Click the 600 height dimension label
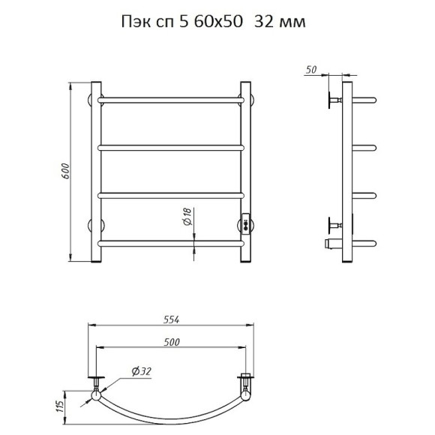pyautogui.click(x=65, y=171)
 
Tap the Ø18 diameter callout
pyautogui.click(x=187, y=217)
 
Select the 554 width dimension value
pyautogui.click(x=172, y=319)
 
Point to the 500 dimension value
pyautogui.click(x=172, y=342)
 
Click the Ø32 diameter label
pyautogui.click(x=142, y=371)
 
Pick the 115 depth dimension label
pyautogui.click(x=61, y=406)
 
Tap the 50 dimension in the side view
pyautogui.click(x=311, y=70)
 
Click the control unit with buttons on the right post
pyautogui.click(x=246, y=224)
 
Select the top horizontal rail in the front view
pyautogui.click(x=171, y=100)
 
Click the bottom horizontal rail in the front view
pyautogui.click(x=171, y=244)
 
